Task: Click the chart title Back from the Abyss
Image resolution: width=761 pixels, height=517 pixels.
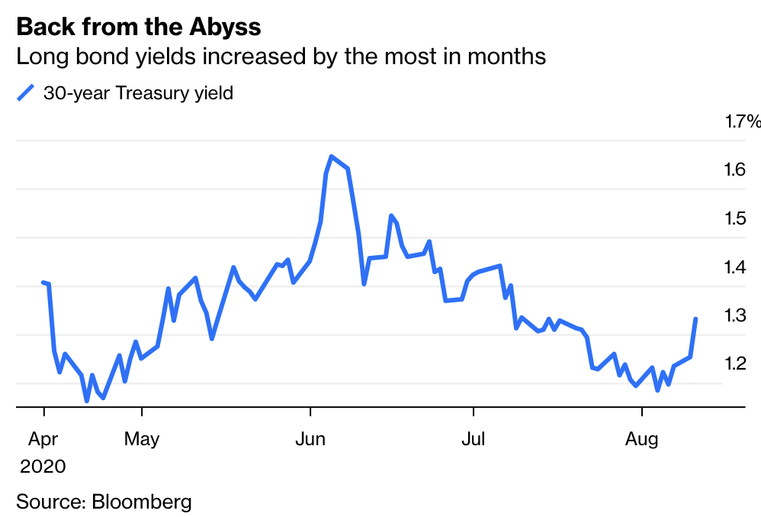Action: [x=138, y=27]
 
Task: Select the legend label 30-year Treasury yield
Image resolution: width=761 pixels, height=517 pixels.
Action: [x=138, y=94]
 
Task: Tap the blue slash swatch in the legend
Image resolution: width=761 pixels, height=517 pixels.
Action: [x=26, y=94]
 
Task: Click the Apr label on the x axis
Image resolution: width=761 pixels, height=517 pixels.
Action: [x=43, y=439]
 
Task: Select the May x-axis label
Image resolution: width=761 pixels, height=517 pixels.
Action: [x=142, y=439]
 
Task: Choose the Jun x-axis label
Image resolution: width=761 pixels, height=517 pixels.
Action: [x=310, y=439]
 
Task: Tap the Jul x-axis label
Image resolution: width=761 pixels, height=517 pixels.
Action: [x=474, y=439]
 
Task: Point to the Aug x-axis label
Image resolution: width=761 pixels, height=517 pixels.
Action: [x=641, y=439]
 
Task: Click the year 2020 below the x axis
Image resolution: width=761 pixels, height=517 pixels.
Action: [x=43, y=466]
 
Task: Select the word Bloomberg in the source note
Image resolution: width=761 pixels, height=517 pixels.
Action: [x=141, y=502]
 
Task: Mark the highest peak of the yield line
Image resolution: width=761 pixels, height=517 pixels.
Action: [x=331, y=157]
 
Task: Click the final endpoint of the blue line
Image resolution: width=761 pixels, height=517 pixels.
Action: [x=695, y=318]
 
